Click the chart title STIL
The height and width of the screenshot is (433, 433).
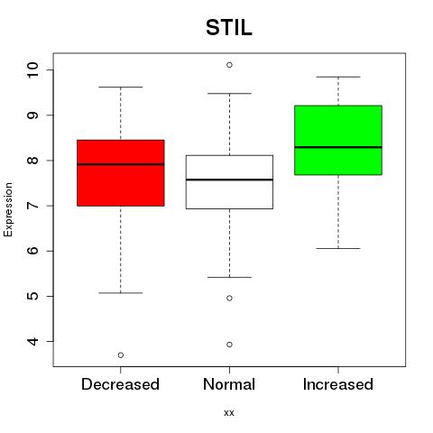click(229, 28)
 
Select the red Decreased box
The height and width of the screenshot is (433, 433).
click(121, 173)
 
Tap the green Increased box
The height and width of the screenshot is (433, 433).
click(338, 140)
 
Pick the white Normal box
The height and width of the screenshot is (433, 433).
click(229, 182)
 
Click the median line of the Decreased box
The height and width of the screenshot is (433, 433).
click(121, 164)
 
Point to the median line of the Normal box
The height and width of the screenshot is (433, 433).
click(229, 180)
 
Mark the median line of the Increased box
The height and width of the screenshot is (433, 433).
click(338, 147)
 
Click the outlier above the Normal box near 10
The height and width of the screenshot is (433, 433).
click(229, 65)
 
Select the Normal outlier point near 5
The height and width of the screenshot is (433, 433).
click(229, 299)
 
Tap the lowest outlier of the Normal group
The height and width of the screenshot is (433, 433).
click(229, 345)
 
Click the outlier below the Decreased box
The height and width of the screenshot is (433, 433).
click(121, 355)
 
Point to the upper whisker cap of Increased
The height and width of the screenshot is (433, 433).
click(338, 77)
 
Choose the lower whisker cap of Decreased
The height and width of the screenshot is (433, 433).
click(121, 293)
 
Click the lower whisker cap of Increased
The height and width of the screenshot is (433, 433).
click(338, 248)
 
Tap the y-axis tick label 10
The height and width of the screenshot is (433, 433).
click(33, 70)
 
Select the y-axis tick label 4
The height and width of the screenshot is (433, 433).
click(33, 341)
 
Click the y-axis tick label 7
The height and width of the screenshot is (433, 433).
click(33, 206)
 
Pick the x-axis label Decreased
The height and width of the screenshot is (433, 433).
click(120, 384)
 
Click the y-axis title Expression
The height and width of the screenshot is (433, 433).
click(8, 209)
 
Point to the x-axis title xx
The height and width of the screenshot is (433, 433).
click(229, 413)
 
